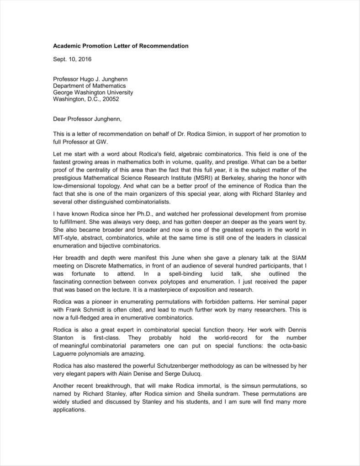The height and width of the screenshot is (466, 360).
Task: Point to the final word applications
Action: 69,410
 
